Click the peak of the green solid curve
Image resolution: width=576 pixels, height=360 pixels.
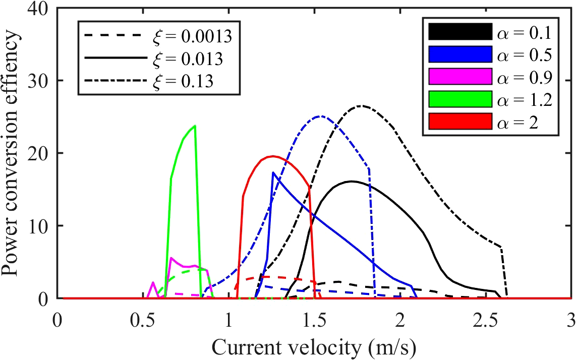[x=195, y=126]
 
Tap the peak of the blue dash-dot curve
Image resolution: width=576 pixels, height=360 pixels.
[x=320, y=116]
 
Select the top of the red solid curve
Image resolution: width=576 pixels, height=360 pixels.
[x=272, y=156]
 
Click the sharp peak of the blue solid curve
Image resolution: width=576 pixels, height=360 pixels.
[x=273, y=172]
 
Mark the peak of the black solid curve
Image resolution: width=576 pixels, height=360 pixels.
[x=352, y=181]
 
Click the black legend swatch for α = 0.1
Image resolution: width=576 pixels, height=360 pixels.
[x=459, y=32]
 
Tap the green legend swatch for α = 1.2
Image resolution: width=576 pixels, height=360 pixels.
[x=459, y=99]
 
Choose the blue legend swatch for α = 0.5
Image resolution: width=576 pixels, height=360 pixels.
[x=459, y=54]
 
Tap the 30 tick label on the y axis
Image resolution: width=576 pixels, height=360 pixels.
[x=39, y=81]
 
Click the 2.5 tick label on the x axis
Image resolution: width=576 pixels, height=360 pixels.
[x=486, y=321]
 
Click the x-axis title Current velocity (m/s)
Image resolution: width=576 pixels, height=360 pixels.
[x=315, y=346]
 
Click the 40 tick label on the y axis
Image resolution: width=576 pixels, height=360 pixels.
[x=39, y=8]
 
